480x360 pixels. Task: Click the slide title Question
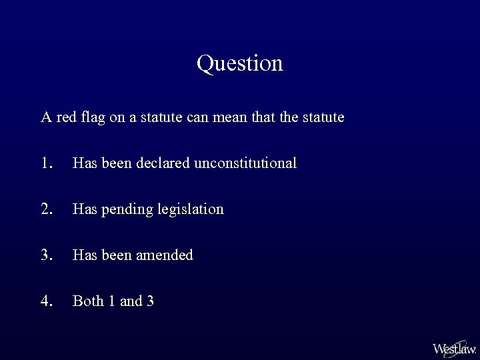[x=240, y=63]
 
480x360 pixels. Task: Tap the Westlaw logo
[x=454, y=348]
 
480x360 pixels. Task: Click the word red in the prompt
[x=66, y=118]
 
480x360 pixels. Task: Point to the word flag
[x=94, y=119]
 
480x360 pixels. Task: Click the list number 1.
[x=46, y=163]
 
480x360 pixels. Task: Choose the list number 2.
[x=46, y=209]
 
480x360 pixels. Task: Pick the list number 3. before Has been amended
[x=46, y=255]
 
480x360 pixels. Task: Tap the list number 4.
[x=46, y=301]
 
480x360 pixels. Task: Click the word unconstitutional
[x=245, y=163]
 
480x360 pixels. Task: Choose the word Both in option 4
[x=88, y=301]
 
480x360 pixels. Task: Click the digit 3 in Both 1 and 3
[x=150, y=301]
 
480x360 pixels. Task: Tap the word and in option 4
[x=131, y=301]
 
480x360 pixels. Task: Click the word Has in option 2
[x=84, y=209]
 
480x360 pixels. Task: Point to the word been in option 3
[x=116, y=255]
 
